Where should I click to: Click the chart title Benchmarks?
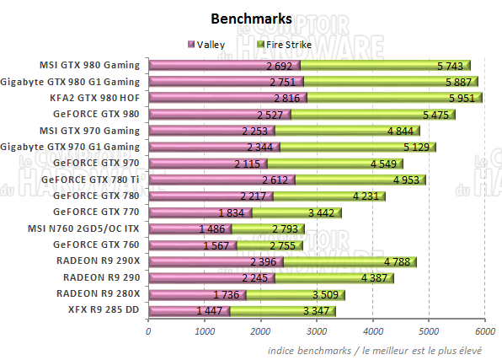(x=251, y=19)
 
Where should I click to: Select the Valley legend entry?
(x=211, y=45)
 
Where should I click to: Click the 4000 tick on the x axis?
(x=372, y=330)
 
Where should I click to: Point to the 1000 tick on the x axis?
(x=205, y=330)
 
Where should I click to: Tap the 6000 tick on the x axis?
(x=483, y=330)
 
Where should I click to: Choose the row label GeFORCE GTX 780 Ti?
(x=96, y=180)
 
